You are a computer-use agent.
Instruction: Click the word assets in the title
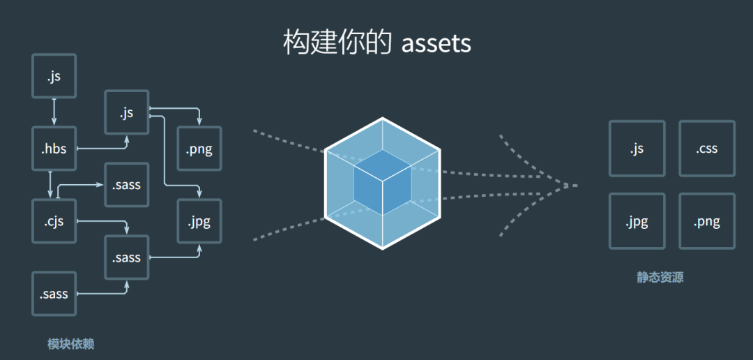(436, 43)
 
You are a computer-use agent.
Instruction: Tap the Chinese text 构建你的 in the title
(337, 43)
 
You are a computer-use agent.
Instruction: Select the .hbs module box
(54, 148)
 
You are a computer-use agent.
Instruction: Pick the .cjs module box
(54, 221)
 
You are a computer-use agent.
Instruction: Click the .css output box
(706, 149)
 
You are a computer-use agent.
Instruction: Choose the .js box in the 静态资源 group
(637, 149)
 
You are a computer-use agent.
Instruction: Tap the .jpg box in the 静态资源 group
(637, 222)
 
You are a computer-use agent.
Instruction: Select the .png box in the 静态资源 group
(706, 222)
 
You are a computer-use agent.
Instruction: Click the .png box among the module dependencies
(199, 149)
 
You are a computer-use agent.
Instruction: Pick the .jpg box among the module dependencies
(199, 222)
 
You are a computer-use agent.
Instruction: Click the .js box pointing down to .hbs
(54, 76)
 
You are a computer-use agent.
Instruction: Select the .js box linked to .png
(127, 112)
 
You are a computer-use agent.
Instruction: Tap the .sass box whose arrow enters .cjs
(127, 185)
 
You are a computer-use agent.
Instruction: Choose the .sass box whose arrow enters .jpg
(127, 257)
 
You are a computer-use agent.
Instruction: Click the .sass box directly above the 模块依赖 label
(54, 294)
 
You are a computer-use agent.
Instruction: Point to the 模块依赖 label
(70, 343)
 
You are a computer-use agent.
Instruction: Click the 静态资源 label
(660, 277)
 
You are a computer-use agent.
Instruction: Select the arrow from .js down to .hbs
(54, 112)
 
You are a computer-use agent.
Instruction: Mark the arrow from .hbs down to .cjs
(50, 184)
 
